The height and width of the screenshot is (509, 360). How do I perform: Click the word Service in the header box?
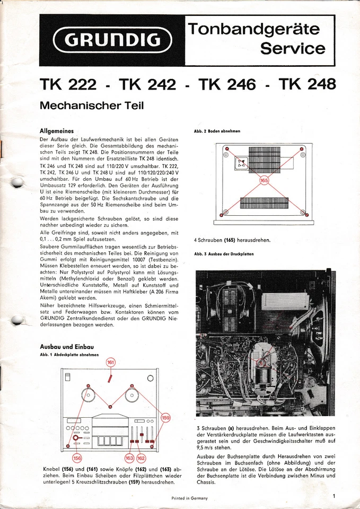click(293, 48)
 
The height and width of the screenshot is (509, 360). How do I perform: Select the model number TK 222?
click(68, 84)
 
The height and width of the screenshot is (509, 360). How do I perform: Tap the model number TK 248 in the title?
click(307, 84)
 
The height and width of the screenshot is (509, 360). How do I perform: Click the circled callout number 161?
click(110, 362)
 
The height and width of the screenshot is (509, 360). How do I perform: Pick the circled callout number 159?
click(166, 417)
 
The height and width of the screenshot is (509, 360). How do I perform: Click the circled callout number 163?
click(129, 458)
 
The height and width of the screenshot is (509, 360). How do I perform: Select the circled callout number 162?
click(141, 458)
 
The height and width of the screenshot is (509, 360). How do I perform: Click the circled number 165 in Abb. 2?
click(264, 181)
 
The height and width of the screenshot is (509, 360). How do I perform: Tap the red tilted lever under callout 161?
click(110, 379)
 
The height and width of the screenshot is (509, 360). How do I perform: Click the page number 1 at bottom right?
click(335, 496)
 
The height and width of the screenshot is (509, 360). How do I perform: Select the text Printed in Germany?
click(189, 498)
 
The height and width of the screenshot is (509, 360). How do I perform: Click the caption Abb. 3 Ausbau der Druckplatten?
click(224, 254)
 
